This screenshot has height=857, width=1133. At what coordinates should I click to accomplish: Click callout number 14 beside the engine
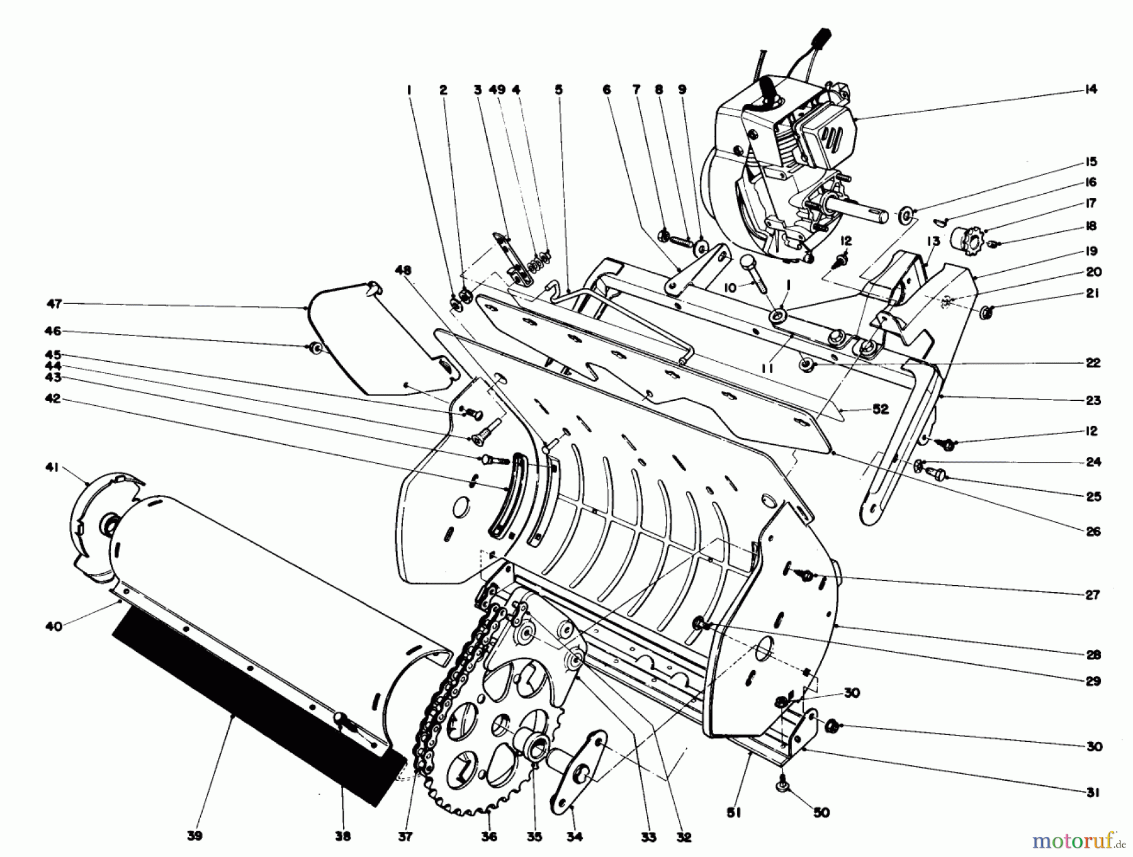click(1091, 89)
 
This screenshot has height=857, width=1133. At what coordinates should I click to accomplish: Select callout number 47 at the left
click(55, 304)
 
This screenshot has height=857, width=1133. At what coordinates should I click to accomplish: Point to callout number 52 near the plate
click(880, 410)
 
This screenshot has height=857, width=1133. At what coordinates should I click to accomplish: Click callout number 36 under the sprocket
click(489, 836)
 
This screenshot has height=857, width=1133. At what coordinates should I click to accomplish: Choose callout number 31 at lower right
click(1093, 793)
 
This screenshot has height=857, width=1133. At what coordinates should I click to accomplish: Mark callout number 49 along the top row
click(497, 90)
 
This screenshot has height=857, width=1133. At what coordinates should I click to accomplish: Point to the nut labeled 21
click(988, 311)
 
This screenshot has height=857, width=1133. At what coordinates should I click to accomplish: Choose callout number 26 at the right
click(1093, 532)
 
